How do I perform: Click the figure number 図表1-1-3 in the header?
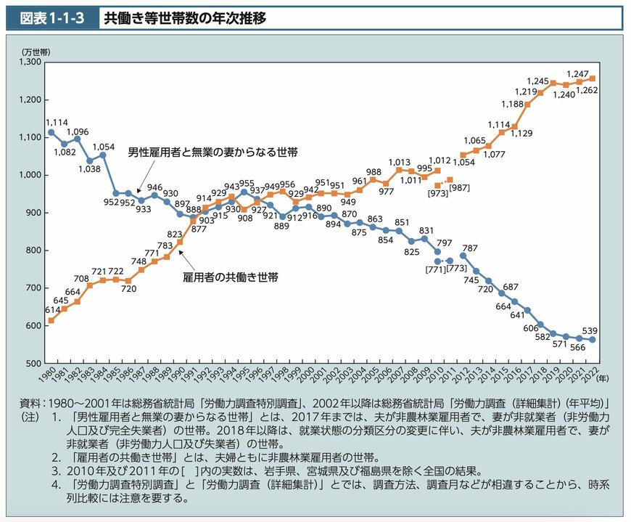pos(51,18)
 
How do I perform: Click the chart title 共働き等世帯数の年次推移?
pos(184,18)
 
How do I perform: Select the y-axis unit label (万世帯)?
pos(35,51)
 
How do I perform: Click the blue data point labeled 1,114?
pos(51,132)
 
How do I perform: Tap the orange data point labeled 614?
pos(51,320)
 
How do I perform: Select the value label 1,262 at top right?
pos(589,90)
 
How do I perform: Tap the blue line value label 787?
pos(470,248)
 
